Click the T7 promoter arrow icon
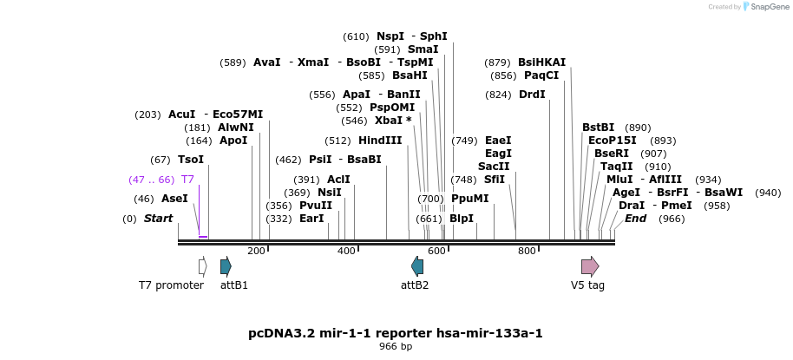click(202, 266)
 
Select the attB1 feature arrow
click(226, 266)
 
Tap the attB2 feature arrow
click(417, 266)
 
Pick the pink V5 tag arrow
click(590, 266)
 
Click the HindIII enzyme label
click(380, 141)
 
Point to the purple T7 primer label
click(187, 180)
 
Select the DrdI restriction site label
click(532, 95)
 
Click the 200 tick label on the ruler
click(256, 251)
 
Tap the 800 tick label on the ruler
click(527, 251)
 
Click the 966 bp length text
click(396, 347)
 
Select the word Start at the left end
click(158, 219)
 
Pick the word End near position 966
click(635, 219)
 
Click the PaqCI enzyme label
click(541, 75)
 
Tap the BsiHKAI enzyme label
click(541, 62)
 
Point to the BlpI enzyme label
click(462, 219)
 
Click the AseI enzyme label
click(174, 199)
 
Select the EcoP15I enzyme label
click(613, 141)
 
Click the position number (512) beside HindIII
click(338, 141)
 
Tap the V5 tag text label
click(587, 285)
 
